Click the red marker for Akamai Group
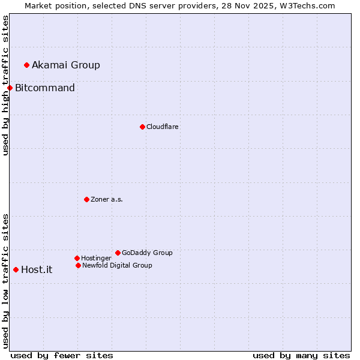[x=26, y=65]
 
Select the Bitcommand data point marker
[x=10, y=88]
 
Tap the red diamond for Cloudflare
[x=142, y=127]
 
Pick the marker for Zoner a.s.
[x=86, y=199]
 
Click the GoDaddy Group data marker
[x=118, y=253]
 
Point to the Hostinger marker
[x=77, y=258]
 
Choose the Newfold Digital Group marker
[x=78, y=265]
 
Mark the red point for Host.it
[x=16, y=269]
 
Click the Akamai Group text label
[x=66, y=65]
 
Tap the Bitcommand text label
[x=45, y=88]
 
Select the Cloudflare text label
[x=163, y=127]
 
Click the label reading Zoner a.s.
[x=107, y=199]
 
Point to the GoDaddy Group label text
[x=147, y=253]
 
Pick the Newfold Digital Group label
[x=117, y=265]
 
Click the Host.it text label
[x=37, y=269]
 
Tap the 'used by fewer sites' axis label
[x=62, y=355]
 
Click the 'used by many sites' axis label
[x=301, y=355]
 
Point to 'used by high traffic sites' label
[x=5, y=85]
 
